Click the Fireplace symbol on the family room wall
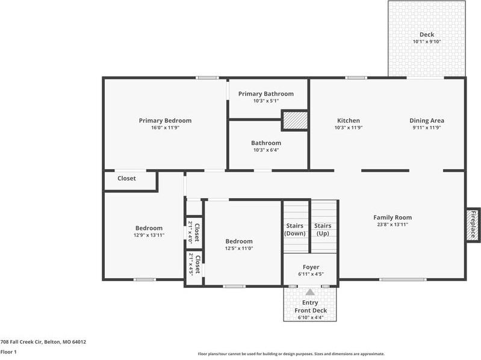[473, 225]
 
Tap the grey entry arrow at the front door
[310, 291]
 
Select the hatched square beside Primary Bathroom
[295, 120]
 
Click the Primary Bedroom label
[165, 120]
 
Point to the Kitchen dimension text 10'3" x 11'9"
[349, 128]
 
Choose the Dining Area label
[427, 120]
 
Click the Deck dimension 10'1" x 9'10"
[427, 42]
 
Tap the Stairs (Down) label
[295, 229]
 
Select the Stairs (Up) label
[323, 229]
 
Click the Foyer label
[311, 267]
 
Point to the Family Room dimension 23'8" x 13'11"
[393, 225]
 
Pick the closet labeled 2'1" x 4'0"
[194, 232]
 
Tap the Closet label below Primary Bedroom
[126, 178]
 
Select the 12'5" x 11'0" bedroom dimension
[239, 249]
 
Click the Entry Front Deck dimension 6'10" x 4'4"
[310, 318]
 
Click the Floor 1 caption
[8, 352]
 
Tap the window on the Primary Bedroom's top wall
[208, 78]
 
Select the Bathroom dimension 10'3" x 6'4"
[266, 150]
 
